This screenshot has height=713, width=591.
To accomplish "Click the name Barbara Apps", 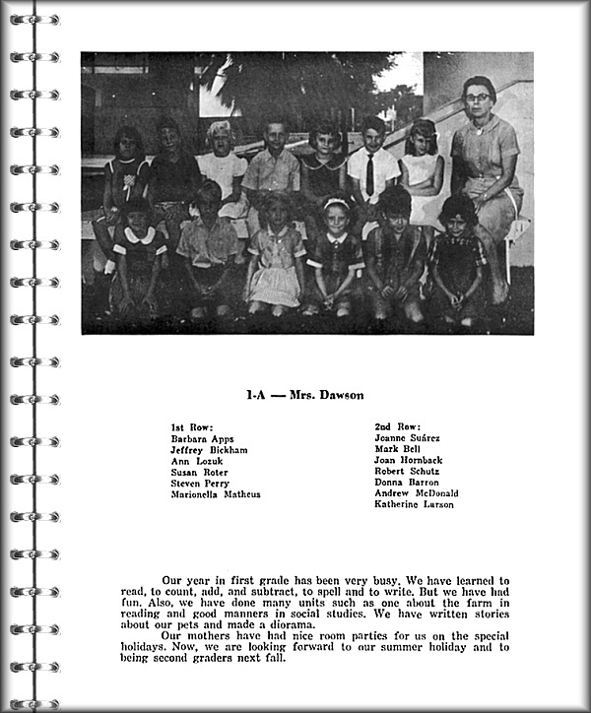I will point(202,438).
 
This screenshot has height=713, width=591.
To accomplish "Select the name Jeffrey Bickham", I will point(209,449).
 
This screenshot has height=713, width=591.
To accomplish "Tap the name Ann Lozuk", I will point(195,461).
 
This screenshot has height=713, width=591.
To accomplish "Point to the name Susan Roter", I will point(199,473).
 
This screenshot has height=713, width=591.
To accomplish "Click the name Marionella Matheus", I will point(215,494).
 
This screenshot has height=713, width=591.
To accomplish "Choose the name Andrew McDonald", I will point(416,493).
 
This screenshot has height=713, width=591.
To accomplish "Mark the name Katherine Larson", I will point(414,505).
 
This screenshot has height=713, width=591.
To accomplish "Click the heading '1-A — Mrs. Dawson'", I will point(304,395).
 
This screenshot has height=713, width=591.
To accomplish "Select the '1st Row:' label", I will point(191,426).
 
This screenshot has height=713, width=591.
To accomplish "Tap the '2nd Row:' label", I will point(396,426).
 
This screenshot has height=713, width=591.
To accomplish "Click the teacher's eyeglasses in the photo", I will point(478,97).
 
